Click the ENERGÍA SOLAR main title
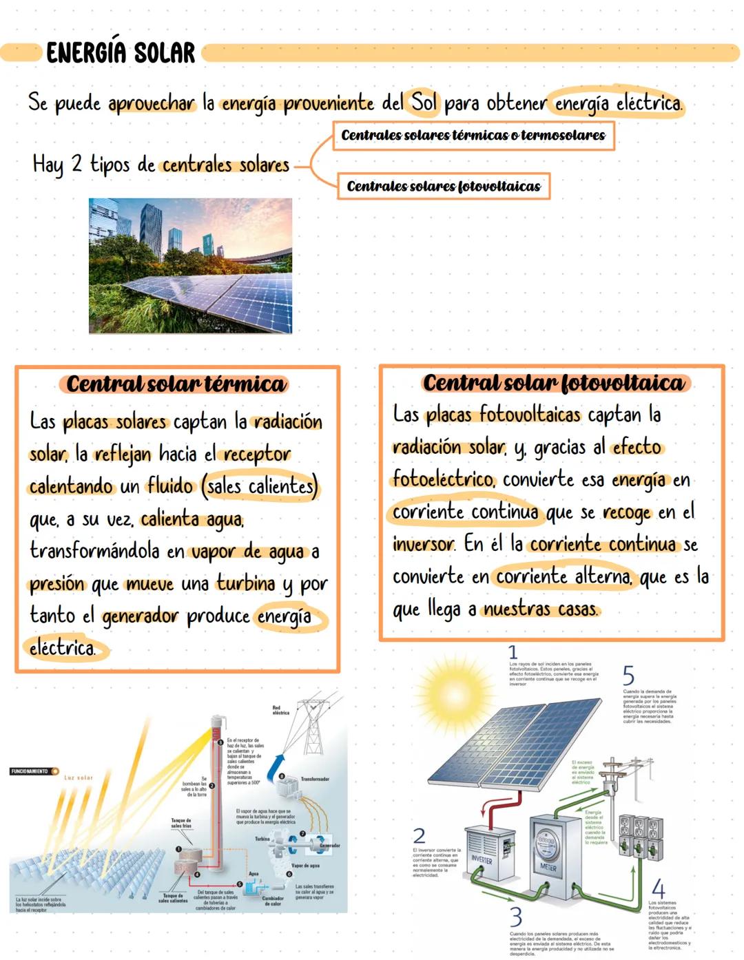click(x=121, y=52)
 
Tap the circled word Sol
click(x=424, y=103)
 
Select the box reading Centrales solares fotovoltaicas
click(x=444, y=186)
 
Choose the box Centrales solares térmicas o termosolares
click(x=473, y=135)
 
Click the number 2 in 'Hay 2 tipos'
click(x=76, y=164)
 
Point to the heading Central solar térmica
click(x=176, y=384)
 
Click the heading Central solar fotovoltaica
click(x=553, y=383)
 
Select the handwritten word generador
click(x=141, y=616)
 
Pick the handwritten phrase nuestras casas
click(x=541, y=609)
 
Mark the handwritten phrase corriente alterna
click(x=564, y=576)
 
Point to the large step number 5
click(x=628, y=675)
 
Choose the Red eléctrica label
click(x=281, y=710)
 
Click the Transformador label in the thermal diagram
click(x=315, y=779)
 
